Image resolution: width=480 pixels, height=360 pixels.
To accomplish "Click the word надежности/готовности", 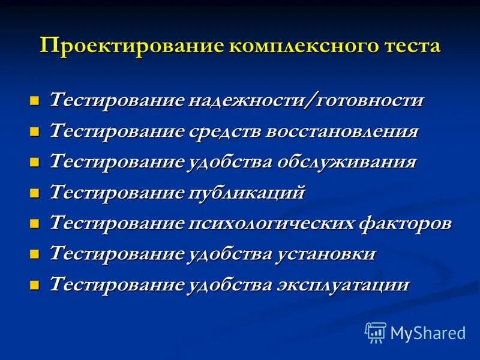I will (x=306, y=100).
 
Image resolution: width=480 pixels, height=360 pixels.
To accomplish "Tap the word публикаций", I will (x=247, y=193).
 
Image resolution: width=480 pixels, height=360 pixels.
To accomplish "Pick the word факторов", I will (x=405, y=224).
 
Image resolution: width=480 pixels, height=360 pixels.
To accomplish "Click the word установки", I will (x=326, y=254).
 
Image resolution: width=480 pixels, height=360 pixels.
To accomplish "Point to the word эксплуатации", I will (x=342, y=284).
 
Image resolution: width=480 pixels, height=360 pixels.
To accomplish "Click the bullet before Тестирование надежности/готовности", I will (x=35, y=100).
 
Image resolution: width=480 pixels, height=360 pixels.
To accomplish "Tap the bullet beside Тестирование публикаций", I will (x=35, y=193).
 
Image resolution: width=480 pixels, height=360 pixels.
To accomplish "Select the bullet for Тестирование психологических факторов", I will (x=35, y=224).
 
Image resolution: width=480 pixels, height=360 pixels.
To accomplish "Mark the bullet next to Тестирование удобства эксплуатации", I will (x=35, y=285).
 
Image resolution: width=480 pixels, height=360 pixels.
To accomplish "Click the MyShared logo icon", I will (x=376, y=332).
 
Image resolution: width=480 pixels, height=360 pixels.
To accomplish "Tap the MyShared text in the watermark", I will (x=428, y=332).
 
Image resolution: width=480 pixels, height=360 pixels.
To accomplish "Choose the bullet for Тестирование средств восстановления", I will (x=35, y=131).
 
